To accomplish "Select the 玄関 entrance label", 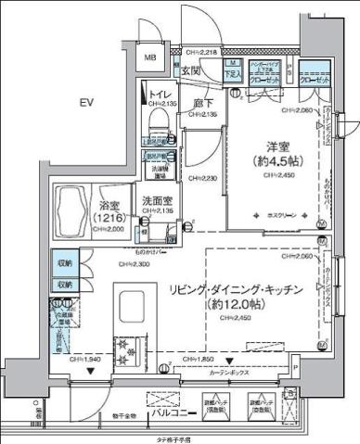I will click(x=190, y=70).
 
